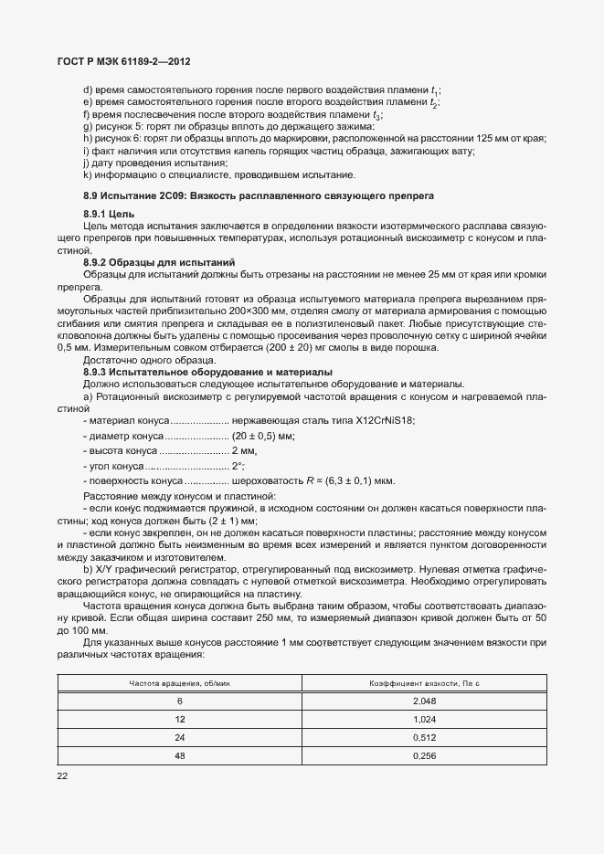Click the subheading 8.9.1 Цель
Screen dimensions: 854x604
click(x=109, y=213)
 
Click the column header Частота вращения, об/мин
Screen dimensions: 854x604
click(x=179, y=683)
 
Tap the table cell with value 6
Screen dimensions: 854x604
click(x=180, y=701)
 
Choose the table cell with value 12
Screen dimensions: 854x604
click(x=180, y=720)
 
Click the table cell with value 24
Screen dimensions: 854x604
click(x=180, y=738)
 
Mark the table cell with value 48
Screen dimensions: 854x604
click(x=180, y=756)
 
